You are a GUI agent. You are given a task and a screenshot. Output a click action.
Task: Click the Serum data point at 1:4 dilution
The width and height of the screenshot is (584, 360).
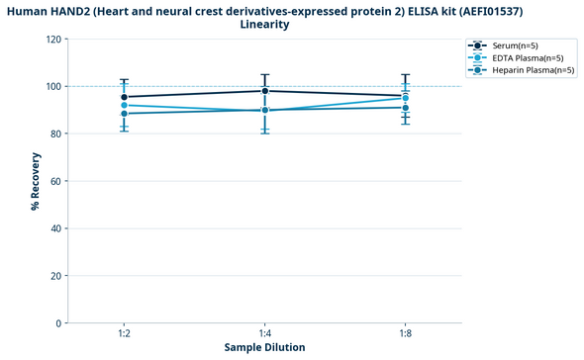coord(265,91)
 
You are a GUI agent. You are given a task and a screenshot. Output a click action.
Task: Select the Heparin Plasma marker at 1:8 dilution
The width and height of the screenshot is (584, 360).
coord(406,107)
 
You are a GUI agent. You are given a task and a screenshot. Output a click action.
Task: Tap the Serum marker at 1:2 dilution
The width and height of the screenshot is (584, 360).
coord(124,97)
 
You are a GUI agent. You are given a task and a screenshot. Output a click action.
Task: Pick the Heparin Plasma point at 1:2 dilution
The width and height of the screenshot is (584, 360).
coord(124,114)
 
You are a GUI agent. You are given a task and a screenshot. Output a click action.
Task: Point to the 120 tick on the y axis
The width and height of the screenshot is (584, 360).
coord(53,40)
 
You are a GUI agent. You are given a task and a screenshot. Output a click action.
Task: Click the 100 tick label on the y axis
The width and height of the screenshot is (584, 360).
coord(53,87)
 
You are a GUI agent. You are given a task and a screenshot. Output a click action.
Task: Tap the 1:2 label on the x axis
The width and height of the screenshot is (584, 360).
coord(124,334)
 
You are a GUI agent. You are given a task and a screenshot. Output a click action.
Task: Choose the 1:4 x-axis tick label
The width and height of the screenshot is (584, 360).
coord(265,334)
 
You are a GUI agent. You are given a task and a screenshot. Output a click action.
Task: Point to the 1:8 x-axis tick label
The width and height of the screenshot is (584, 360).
coord(406,334)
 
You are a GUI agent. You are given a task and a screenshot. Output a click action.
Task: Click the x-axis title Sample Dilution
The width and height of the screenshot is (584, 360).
coord(264,348)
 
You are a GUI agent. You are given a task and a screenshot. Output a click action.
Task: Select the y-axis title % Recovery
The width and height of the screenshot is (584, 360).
coord(35,181)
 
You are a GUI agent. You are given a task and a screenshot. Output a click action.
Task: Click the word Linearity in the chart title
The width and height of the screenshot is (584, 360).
coord(264,25)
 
